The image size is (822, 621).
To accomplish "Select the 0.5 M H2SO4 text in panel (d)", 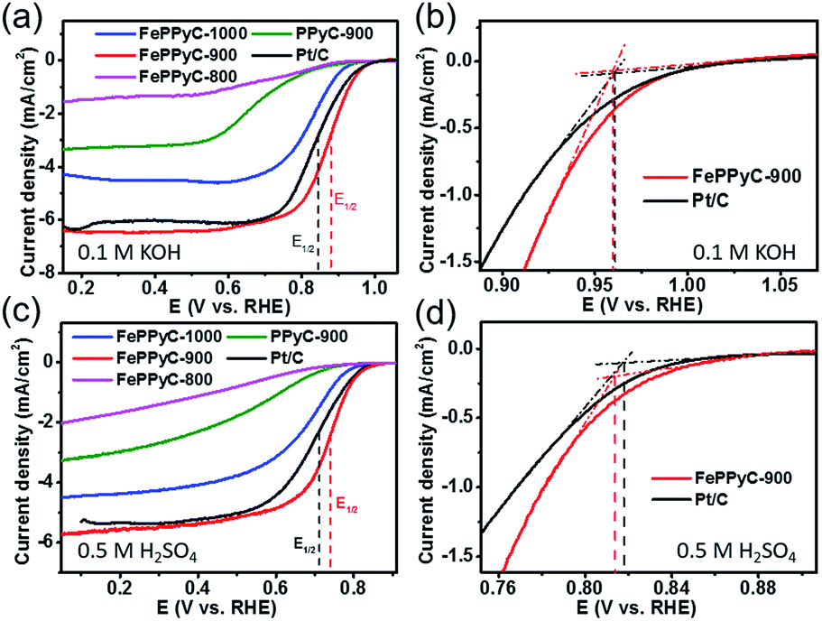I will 748,550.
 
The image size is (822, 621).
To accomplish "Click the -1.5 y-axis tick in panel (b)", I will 459,261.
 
